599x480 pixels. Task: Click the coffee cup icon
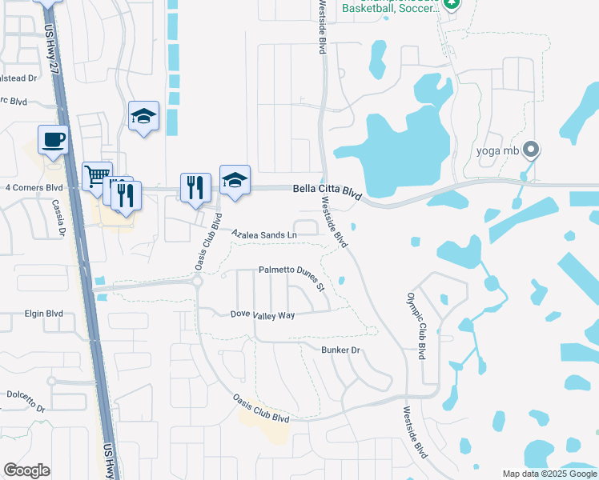(x=54, y=139)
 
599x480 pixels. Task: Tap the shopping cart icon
(x=97, y=175)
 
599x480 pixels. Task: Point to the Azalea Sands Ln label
(x=264, y=235)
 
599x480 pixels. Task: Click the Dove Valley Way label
(x=263, y=315)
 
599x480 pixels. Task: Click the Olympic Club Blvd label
(x=414, y=325)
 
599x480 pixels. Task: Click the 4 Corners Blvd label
(x=33, y=188)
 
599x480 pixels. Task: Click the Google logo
(x=26, y=470)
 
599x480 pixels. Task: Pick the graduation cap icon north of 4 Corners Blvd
(x=144, y=116)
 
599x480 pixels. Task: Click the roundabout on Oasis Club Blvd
(x=197, y=281)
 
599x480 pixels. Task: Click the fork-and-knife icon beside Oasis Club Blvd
(x=195, y=187)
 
